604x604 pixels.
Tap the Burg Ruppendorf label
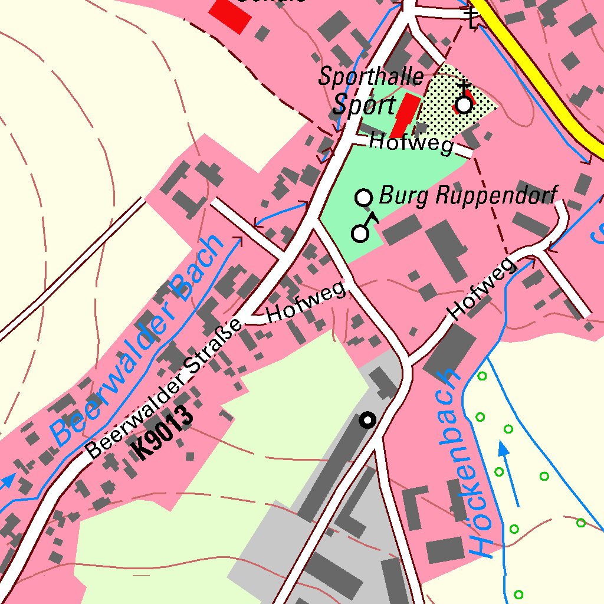tap(468, 195)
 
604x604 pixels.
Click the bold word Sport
tap(364, 106)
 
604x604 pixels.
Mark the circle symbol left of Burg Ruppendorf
tap(365, 197)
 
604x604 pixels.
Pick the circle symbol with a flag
tap(361, 232)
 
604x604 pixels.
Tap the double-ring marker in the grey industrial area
tap(368, 420)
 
